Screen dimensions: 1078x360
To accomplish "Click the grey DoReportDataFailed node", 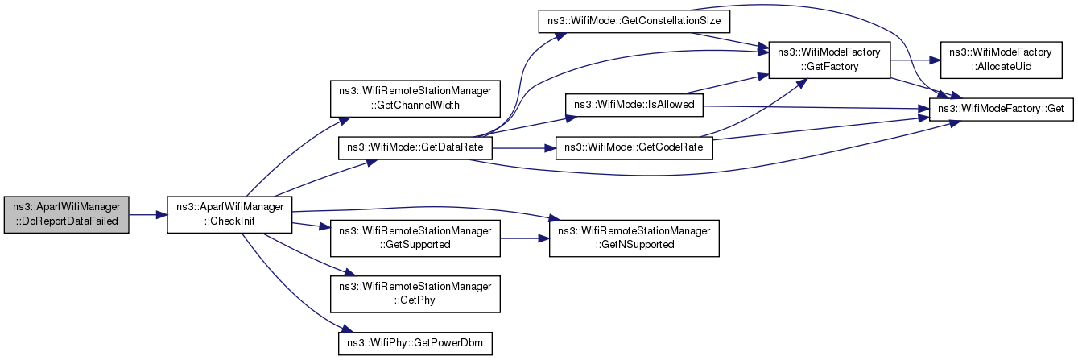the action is tap(66, 215).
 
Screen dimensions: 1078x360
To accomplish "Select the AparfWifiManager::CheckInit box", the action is tap(229, 215).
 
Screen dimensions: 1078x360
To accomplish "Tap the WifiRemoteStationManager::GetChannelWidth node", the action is tap(415, 99).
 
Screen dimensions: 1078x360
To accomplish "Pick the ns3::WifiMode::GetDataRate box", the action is tap(415, 148).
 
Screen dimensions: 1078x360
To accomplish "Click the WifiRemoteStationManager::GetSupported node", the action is tap(415, 238).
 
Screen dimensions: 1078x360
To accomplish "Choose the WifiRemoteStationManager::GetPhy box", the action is tap(415, 294).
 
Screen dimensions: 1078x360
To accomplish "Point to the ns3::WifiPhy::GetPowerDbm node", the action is tap(415, 344).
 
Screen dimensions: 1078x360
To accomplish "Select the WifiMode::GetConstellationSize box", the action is tap(634, 22).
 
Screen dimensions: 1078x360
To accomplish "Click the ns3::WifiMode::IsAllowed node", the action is tap(634, 105).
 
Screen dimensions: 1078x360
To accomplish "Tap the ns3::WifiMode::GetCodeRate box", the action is tap(634, 148).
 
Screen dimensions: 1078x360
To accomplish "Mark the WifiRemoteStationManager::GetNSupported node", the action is tap(634, 238).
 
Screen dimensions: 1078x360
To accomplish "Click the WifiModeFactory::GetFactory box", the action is tap(830, 60).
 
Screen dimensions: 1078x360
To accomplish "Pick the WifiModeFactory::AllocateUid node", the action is tap(1001, 60).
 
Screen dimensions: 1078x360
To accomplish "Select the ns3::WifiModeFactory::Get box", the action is tap(1001, 110).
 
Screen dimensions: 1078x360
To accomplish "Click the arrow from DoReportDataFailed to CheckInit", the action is tap(148, 215).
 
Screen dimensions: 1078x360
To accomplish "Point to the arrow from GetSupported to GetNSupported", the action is tap(525, 238).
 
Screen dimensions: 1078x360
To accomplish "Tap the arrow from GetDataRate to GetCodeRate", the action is tap(524, 148).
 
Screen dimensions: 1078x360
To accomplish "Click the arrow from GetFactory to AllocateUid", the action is tap(916, 60).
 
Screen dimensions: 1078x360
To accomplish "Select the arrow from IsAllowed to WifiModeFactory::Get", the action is tap(816, 108).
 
